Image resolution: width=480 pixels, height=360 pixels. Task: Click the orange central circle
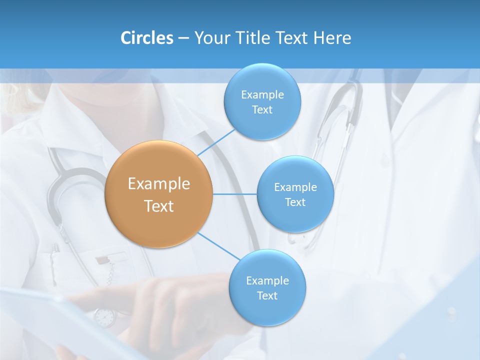(159, 194)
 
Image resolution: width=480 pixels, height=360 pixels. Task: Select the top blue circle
(262, 102)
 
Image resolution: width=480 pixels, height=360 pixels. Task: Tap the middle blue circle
(295, 194)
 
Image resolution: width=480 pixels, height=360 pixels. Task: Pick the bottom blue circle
(267, 288)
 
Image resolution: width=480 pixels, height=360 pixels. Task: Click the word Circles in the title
(147, 38)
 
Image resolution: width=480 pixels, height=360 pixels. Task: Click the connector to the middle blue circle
(235, 194)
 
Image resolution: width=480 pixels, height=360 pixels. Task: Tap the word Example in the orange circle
(159, 184)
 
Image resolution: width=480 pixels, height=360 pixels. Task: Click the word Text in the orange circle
(159, 206)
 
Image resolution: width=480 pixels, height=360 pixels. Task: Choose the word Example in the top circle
(262, 94)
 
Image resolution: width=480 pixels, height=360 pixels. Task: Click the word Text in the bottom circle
(267, 295)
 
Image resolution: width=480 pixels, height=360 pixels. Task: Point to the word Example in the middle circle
(295, 187)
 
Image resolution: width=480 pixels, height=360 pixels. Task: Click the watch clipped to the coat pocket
(104, 316)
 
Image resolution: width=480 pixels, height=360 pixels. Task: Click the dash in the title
(183, 38)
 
